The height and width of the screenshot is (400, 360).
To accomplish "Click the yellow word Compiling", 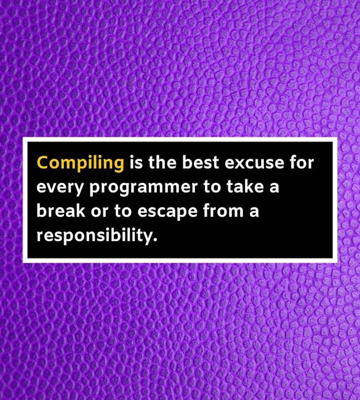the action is tap(81, 163).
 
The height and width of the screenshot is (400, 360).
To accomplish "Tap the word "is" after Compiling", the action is tap(136, 162).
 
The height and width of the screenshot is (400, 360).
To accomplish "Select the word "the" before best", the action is tap(162, 162).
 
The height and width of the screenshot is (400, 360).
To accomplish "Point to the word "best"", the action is tap(201, 162).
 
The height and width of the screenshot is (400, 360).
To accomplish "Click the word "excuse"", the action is tap(254, 163).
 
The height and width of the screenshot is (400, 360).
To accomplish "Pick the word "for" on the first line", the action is tap(302, 162).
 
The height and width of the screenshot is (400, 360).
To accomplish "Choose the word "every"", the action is tap(60, 188).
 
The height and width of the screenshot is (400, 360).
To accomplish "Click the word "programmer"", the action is tap(143, 188).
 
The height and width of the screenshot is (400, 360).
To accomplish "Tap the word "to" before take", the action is tap(212, 186).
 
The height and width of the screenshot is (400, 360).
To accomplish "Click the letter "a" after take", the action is tap(274, 188).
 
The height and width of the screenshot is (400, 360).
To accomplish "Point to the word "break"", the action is tap(61, 210).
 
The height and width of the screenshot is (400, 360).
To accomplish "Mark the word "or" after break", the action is tap(100, 212).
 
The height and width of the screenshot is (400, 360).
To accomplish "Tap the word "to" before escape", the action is tap(122, 210).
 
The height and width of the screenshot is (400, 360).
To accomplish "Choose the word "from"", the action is tap(223, 210).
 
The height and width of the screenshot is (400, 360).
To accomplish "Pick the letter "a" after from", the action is tap(254, 212).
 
